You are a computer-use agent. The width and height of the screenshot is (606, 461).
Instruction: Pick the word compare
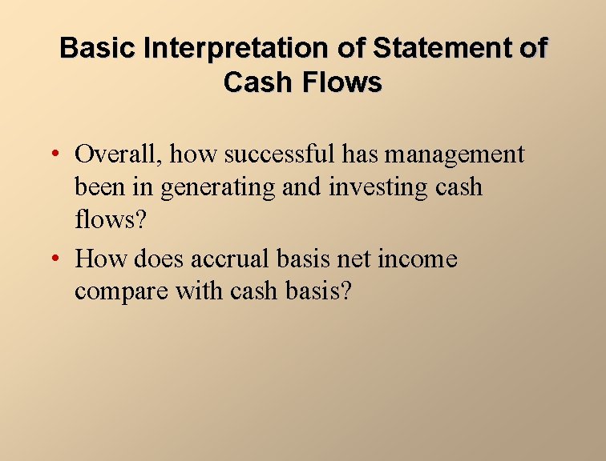tap(122, 291)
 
